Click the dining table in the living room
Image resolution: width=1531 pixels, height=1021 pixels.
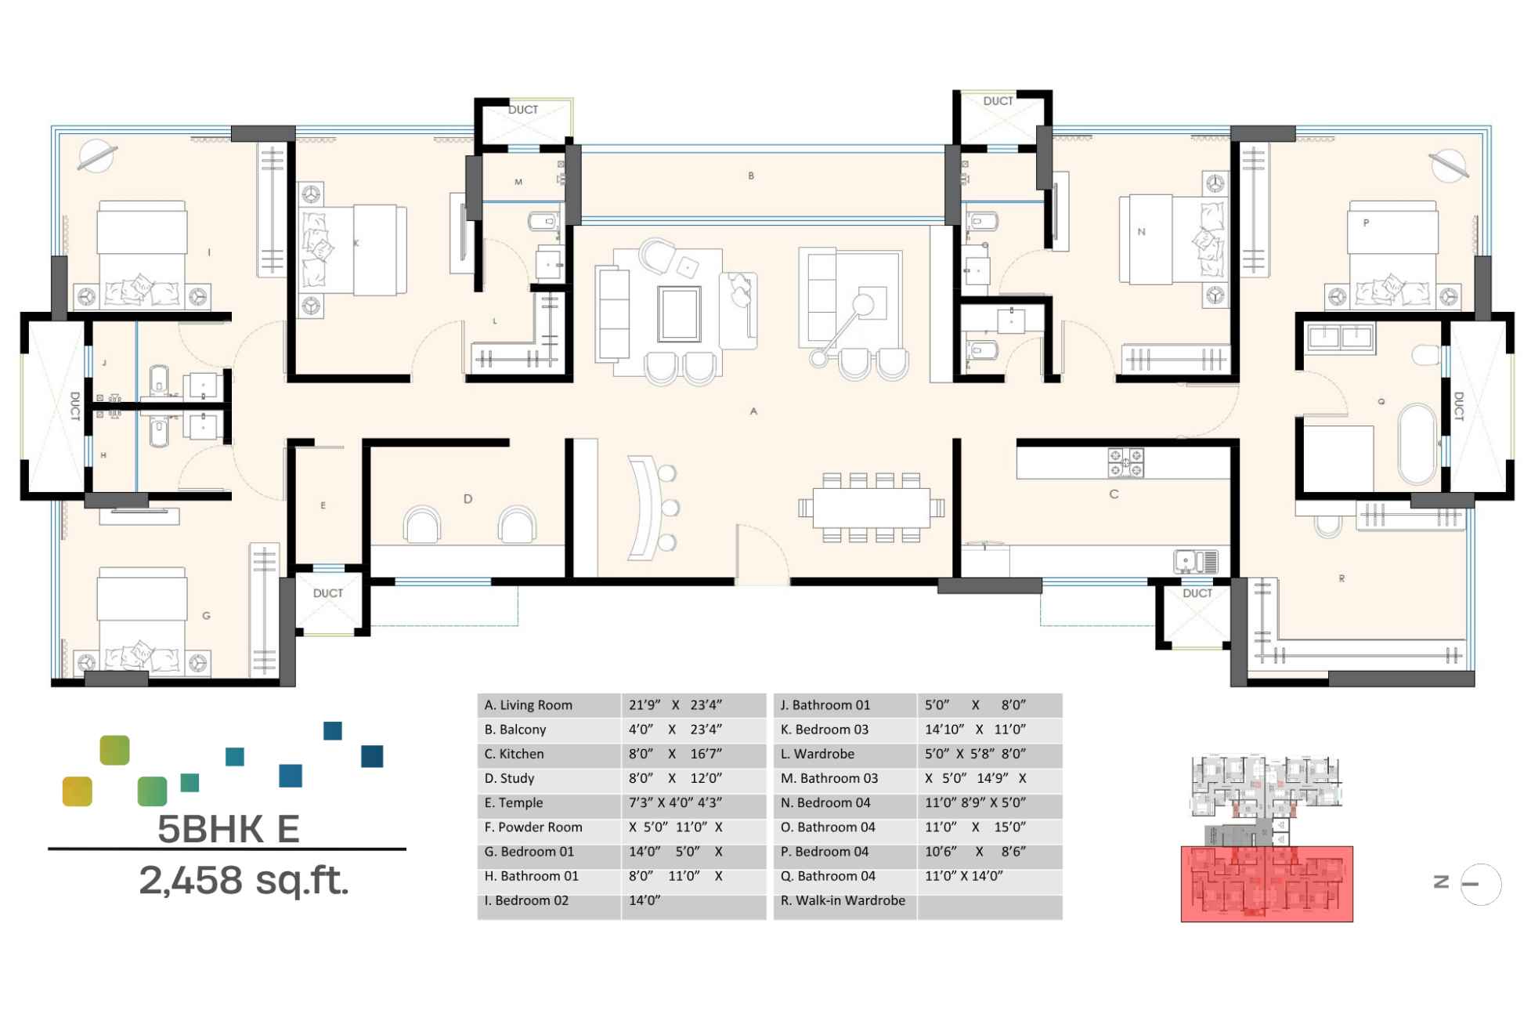871,507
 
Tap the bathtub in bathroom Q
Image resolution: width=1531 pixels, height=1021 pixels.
1417,444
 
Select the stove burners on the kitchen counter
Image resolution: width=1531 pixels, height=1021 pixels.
1125,462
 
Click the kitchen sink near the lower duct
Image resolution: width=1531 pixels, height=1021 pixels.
1196,561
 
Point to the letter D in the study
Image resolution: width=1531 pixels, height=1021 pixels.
468,498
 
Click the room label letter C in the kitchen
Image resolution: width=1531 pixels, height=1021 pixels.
1114,494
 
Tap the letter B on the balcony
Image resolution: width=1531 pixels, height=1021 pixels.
751,176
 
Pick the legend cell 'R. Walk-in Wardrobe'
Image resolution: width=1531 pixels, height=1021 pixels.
843,900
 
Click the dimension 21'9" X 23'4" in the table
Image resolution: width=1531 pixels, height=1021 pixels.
674,705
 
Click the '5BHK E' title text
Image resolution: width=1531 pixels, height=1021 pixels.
228,829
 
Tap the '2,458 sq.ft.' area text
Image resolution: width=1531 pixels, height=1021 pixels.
244,880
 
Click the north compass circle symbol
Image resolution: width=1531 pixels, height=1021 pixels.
1480,884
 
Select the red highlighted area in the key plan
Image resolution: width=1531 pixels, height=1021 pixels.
1266,883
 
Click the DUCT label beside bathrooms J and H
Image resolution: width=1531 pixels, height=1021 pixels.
75,406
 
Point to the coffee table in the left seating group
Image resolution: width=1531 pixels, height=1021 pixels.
679,313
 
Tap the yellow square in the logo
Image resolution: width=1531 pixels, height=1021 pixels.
77,791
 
